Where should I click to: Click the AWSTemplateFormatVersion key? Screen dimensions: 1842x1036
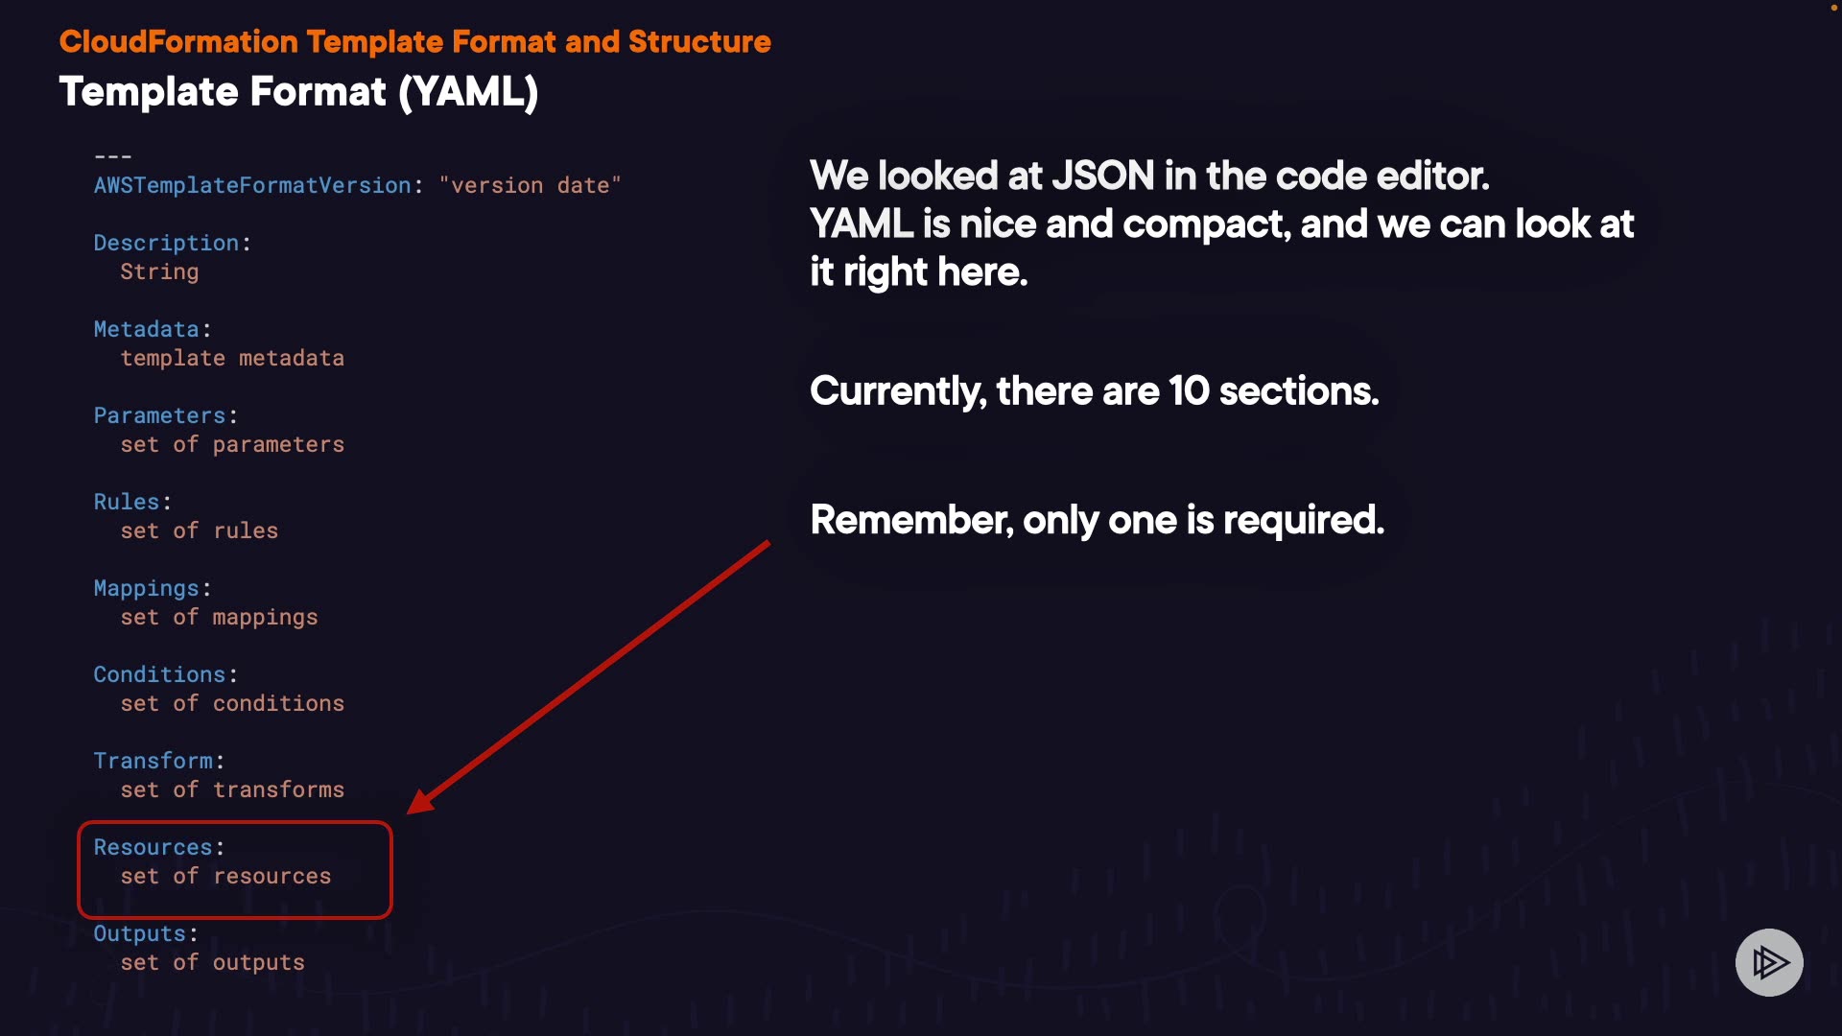coord(252,185)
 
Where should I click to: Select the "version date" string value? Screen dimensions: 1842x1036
coord(531,185)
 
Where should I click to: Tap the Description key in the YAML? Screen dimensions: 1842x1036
coord(166,244)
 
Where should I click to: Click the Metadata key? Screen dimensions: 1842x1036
coord(146,329)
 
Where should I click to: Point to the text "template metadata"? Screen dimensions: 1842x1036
coord(232,358)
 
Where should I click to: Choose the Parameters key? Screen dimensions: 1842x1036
coord(159,415)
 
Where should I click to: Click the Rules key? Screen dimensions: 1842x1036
coord(127,502)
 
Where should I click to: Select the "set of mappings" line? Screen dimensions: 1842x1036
coord(219,617)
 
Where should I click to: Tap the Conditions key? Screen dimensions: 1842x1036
coord(159,674)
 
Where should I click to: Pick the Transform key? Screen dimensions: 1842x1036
coord(153,761)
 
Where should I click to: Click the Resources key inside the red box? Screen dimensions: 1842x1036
coord(153,847)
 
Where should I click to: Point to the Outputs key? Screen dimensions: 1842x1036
coord(139,934)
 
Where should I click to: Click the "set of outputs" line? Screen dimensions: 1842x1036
coord(212,962)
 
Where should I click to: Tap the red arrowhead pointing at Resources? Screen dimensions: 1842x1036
coord(422,801)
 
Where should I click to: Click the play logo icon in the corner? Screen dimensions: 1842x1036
coord(1769,962)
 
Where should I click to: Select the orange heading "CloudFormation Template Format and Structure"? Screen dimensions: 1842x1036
coord(415,42)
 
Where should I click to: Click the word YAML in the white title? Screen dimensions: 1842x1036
coord(468,92)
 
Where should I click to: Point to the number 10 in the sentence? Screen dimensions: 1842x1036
coord(1189,391)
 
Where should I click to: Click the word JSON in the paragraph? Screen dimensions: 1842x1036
coord(1103,176)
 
